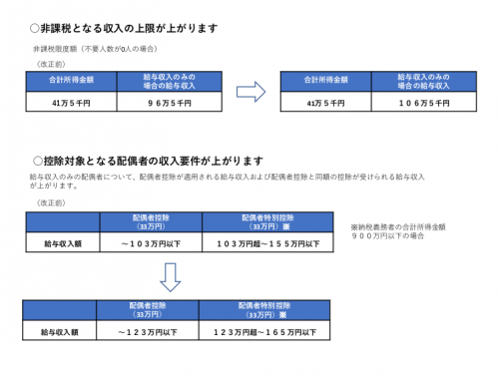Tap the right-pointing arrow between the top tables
click(x=250, y=92)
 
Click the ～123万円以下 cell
click(x=146, y=329)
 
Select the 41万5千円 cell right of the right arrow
click(x=324, y=102)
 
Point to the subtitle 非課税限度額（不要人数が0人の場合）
click(x=95, y=49)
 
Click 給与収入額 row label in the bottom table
click(x=60, y=329)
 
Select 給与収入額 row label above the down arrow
click(x=60, y=242)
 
